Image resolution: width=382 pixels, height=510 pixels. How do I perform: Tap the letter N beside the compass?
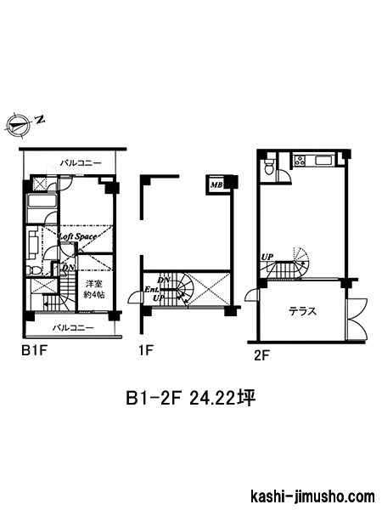tap(40, 119)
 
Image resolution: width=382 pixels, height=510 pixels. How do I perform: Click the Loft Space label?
tap(77, 236)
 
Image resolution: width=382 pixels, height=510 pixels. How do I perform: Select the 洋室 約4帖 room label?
tap(94, 289)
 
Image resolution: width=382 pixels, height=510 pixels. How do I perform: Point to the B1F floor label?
tap(35, 350)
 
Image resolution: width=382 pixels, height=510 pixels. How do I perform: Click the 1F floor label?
tap(145, 350)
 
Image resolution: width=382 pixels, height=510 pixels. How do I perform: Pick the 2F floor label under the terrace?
tap(262, 356)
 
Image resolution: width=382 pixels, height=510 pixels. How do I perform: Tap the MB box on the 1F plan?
tap(216, 185)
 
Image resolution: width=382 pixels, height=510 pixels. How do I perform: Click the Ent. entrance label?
tap(151, 289)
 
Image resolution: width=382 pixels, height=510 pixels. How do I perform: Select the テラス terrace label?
tap(303, 311)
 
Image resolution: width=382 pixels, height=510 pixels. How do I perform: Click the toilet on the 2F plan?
tap(269, 167)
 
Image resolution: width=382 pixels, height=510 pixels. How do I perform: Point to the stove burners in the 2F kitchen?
tap(301, 161)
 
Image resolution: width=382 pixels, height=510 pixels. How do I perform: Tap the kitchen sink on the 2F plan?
tap(323, 161)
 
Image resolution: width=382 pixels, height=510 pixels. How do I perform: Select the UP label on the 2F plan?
tap(267, 257)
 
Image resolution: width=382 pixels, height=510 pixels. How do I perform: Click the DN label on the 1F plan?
tap(162, 280)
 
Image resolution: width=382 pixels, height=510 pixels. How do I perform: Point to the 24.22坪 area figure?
tap(222, 398)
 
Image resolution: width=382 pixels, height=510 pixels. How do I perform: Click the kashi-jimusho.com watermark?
tap(313, 496)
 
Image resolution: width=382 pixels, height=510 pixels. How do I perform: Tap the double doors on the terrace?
tap(357, 319)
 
